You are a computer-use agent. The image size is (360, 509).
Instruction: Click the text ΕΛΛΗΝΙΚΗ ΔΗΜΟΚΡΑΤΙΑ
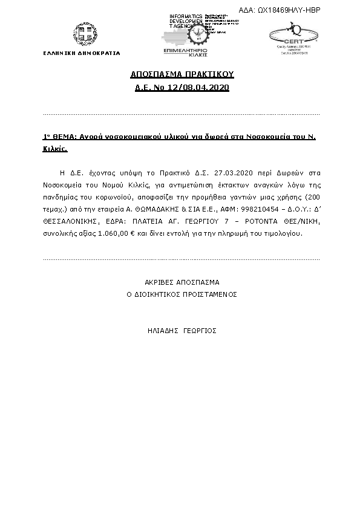82,53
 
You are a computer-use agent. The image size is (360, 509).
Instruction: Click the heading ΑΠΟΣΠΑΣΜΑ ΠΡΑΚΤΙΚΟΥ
182,74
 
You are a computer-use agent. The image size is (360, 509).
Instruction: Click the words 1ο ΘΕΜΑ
60,137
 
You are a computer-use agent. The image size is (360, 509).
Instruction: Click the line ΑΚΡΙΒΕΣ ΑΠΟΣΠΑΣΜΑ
182,282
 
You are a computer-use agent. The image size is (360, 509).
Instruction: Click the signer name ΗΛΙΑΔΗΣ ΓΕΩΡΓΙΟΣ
182,331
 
